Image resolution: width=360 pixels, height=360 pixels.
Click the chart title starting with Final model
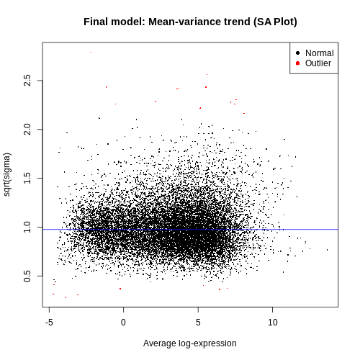pyautogui.click(x=190, y=22)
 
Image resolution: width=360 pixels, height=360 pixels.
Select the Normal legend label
pyautogui.click(x=320, y=53)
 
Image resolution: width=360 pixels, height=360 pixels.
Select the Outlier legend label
pyautogui.click(x=318, y=63)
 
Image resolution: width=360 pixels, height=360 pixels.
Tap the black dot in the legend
pyautogui.click(x=298, y=53)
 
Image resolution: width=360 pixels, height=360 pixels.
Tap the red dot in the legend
pyautogui.click(x=298, y=63)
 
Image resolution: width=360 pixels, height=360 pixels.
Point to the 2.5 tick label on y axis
pyautogui.click(x=27, y=81)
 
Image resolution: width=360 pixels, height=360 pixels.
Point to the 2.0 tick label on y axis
pyautogui.click(x=27, y=129)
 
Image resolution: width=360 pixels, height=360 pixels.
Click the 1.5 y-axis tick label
pyautogui.click(x=27, y=178)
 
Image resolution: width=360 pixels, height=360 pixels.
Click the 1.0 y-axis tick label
pyautogui.click(x=27, y=227)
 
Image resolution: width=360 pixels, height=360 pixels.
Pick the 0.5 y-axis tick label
pyautogui.click(x=27, y=276)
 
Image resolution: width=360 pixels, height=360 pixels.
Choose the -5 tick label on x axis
pyautogui.click(x=49, y=323)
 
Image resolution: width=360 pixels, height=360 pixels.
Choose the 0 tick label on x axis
pyautogui.click(x=123, y=323)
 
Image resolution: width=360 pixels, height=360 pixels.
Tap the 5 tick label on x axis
pyautogui.click(x=198, y=323)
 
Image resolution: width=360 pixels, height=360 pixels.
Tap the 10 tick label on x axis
pyautogui.click(x=273, y=323)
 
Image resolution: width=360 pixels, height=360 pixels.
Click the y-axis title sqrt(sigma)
pyautogui.click(x=7, y=174)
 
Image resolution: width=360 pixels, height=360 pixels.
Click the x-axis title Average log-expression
pyautogui.click(x=190, y=343)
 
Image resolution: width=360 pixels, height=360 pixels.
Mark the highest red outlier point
pyautogui.click(x=91, y=52)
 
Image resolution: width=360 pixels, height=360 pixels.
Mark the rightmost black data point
pyautogui.click(x=327, y=250)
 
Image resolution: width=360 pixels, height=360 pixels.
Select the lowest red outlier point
pyautogui.click(x=66, y=297)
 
